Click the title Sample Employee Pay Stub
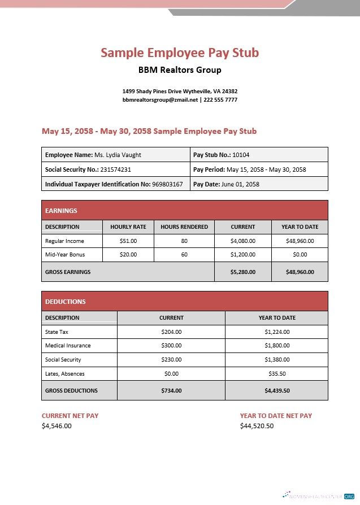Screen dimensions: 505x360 pyautogui.click(x=180, y=53)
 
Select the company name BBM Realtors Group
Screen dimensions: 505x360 pyautogui.click(x=180, y=70)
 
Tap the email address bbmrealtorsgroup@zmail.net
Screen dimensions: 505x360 pyautogui.click(x=161, y=99)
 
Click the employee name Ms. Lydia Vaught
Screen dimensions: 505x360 pyautogui.click(x=118, y=155)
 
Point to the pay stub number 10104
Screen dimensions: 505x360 pyautogui.click(x=241, y=155)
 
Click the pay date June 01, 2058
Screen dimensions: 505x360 pyautogui.click(x=240, y=184)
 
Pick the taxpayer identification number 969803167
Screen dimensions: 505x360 pyautogui.click(x=167, y=184)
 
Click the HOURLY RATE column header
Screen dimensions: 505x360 pyautogui.click(x=128, y=227)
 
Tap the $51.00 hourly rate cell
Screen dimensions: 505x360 pyautogui.click(x=128, y=241)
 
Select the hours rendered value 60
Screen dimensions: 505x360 pyautogui.click(x=184, y=255)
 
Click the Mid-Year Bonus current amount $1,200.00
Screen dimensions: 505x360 pyautogui.click(x=243, y=255)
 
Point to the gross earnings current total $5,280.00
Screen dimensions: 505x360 pyautogui.click(x=243, y=272)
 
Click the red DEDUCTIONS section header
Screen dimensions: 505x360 pyautogui.click(x=185, y=302)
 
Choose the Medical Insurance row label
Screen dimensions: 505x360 pyautogui.click(x=68, y=345)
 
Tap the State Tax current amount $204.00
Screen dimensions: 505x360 pyautogui.click(x=171, y=332)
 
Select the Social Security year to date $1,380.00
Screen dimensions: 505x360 pyautogui.click(x=277, y=359)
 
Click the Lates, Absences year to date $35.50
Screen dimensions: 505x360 pyautogui.click(x=277, y=373)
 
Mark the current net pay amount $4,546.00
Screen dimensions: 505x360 pyautogui.click(x=57, y=426)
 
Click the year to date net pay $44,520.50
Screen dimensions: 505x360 pyautogui.click(x=257, y=426)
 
